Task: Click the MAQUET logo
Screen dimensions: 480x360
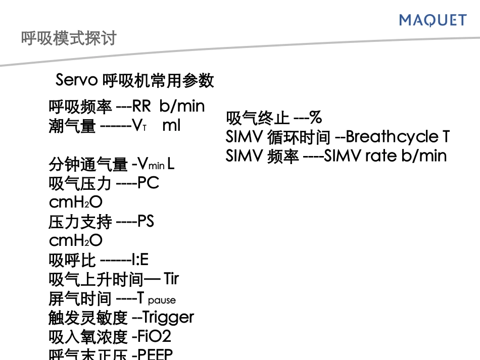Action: tap(433, 20)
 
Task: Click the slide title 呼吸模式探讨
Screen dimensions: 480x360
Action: tap(69, 38)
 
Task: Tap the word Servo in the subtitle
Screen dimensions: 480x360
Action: tap(76, 80)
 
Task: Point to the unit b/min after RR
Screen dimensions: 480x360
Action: tap(182, 106)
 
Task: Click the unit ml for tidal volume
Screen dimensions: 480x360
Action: tap(171, 125)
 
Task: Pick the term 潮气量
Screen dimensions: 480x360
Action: tap(72, 126)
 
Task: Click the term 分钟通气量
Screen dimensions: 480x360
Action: tap(88, 164)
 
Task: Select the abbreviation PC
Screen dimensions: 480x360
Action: tap(148, 183)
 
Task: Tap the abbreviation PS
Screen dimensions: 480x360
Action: tap(146, 222)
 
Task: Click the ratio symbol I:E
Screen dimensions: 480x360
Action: tap(139, 260)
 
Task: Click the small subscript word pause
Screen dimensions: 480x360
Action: tap(162, 300)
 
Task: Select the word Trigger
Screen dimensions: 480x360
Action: tap(168, 318)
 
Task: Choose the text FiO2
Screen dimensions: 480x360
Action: tap(155, 336)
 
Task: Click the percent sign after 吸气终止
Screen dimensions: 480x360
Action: tap(316, 118)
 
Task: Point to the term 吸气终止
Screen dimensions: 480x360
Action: tap(258, 118)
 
